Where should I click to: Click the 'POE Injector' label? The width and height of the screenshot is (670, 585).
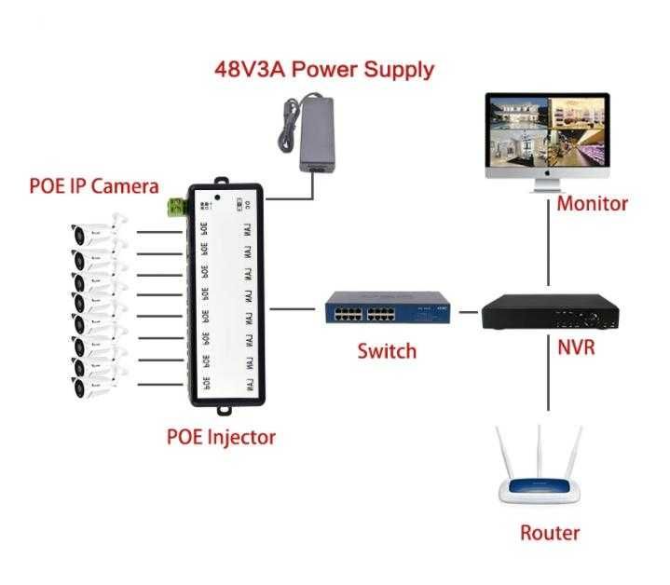(x=221, y=435)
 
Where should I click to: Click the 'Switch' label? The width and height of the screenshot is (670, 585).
(x=387, y=351)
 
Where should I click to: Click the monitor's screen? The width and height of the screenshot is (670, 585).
(x=547, y=129)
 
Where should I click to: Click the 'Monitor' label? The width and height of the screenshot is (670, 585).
(x=592, y=203)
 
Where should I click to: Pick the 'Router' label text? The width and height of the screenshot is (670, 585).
(x=549, y=533)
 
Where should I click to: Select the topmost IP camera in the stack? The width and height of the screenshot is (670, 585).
(x=98, y=231)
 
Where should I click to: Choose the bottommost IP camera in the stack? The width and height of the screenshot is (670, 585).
(x=98, y=385)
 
